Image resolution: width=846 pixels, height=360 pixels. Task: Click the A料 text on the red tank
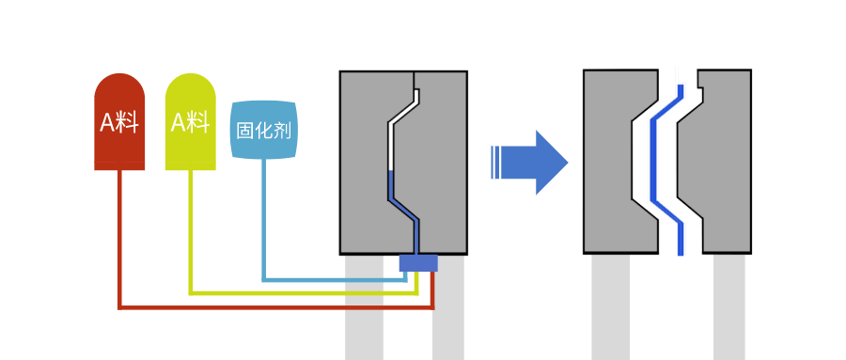point(119,122)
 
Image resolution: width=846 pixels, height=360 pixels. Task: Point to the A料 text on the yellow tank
point(190,121)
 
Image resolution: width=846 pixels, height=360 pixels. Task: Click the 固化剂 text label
point(263,130)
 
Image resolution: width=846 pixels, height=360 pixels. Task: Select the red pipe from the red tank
point(120,244)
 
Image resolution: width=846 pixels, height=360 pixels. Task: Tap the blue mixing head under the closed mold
point(418,263)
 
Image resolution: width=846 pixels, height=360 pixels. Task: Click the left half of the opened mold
point(606,160)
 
